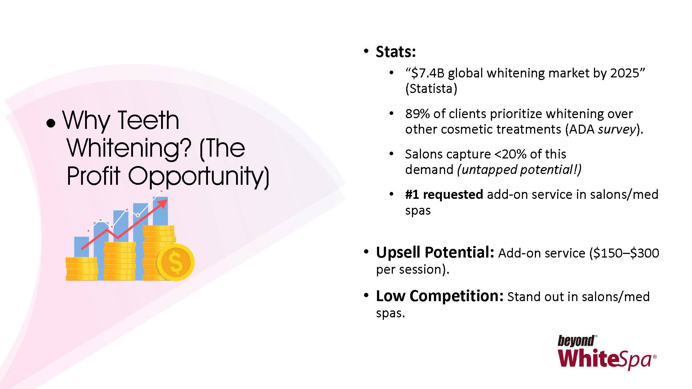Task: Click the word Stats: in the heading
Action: (x=396, y=52)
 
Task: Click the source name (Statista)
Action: (x=431, y=89)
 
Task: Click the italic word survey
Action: (x=617, y=130)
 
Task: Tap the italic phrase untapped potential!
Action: (x=519, y=170)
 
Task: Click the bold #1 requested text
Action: (x=444, y=195)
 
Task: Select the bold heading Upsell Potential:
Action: (x=435, y=252)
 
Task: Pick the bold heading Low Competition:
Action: (x=440, y=296)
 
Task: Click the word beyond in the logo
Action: (x=576, y=341)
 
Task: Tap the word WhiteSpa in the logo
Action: (x=605, y=359)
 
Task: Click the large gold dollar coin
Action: (x=176, y=262)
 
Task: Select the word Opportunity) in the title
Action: (x=199, y=176)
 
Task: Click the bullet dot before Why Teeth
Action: (x=51, y=123)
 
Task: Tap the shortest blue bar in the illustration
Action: (x=81, y=247)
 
